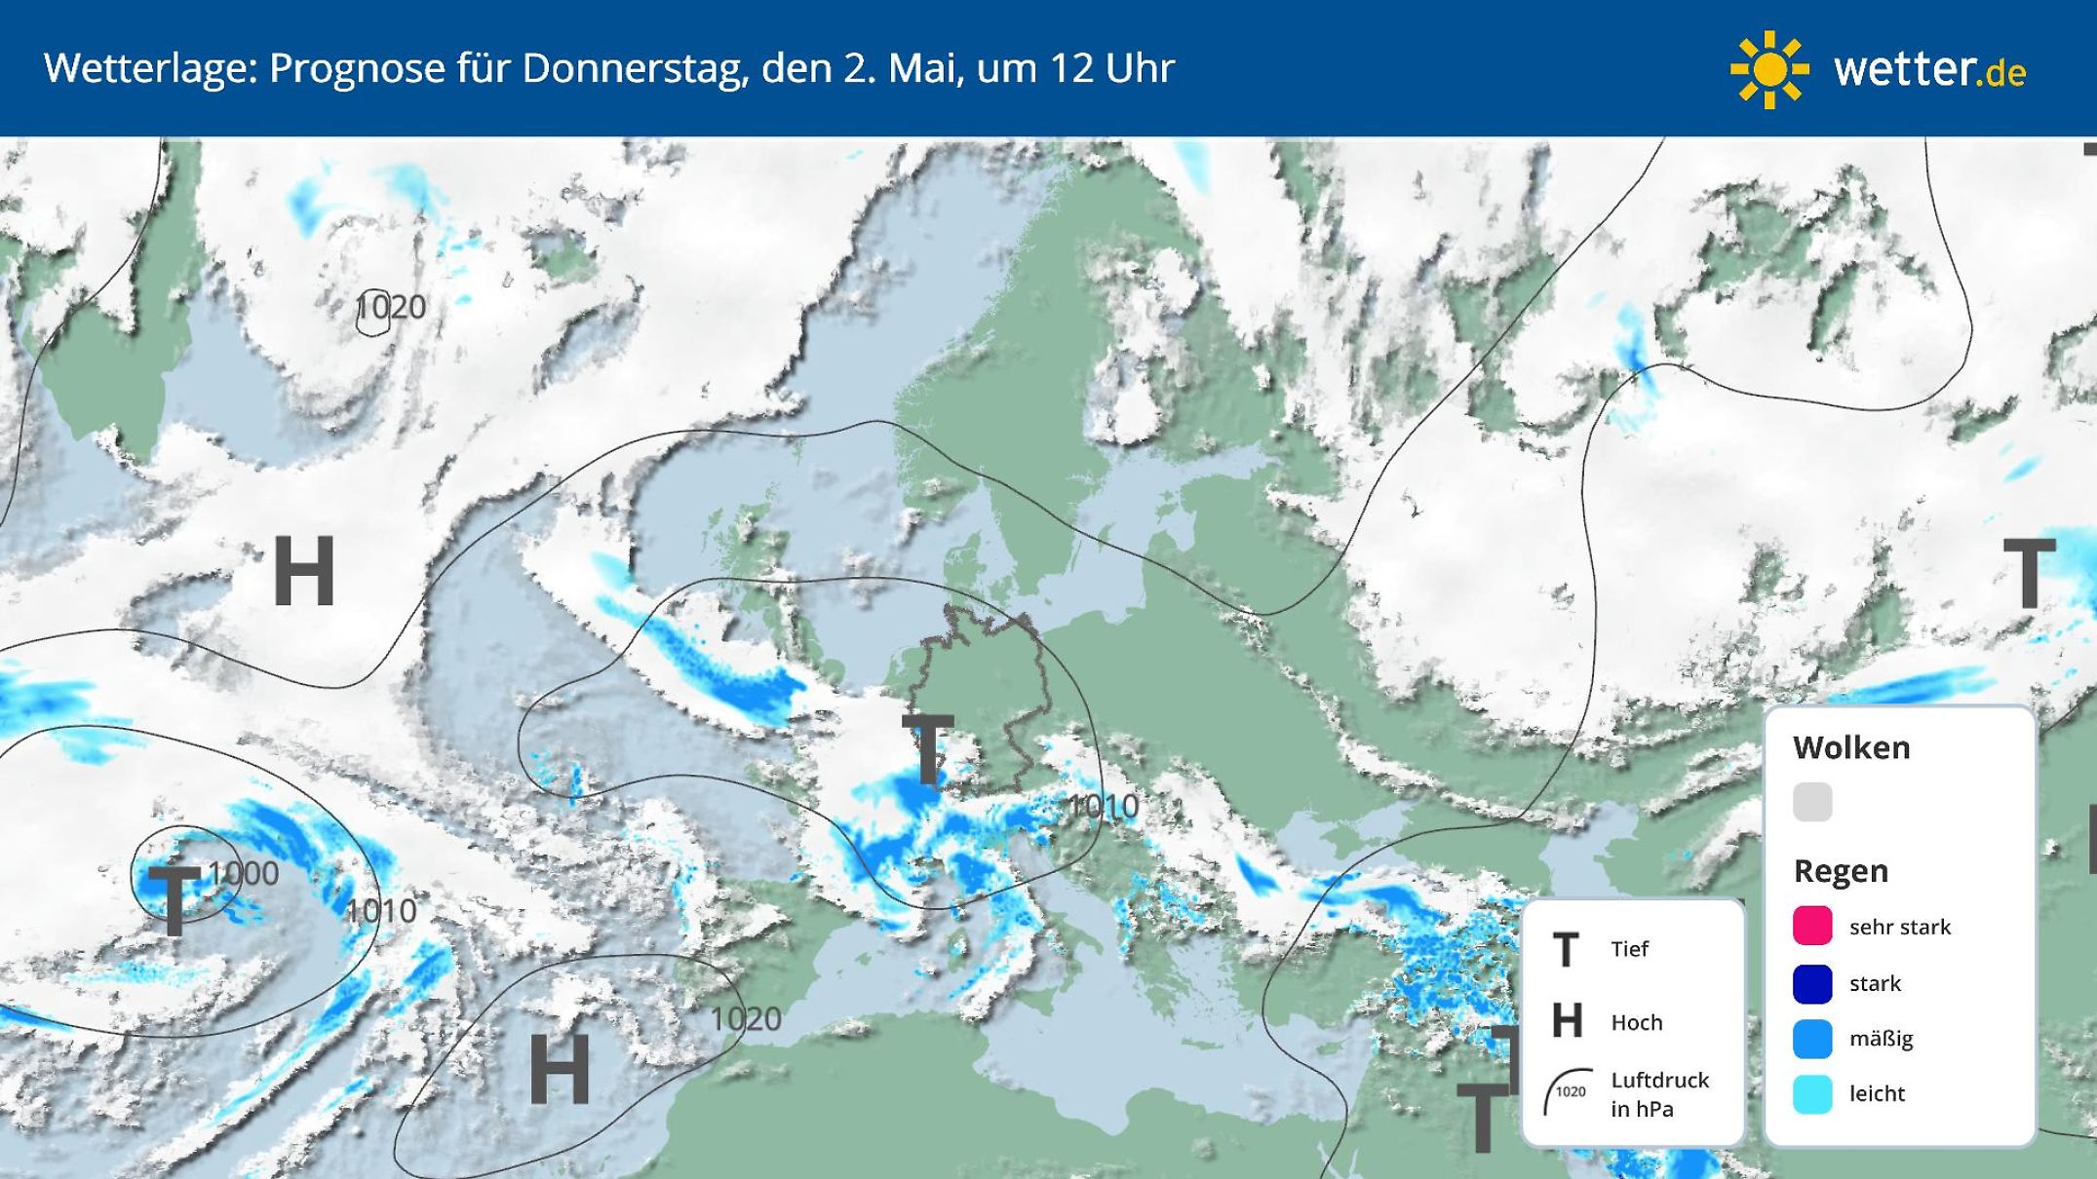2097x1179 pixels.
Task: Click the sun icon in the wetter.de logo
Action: click(x=1769, y=69)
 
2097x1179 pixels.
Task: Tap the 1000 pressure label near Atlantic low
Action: click(x=244, y=873)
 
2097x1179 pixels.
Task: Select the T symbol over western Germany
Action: click(x=928, y=749)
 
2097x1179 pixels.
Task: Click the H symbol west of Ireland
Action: click(x=304, y=572)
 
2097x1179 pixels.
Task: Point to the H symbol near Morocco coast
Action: click(x=559, y=1069)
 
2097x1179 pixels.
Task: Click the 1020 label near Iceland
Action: click(x=391, y=308)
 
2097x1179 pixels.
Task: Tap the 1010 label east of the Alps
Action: click(x=1103, y=807)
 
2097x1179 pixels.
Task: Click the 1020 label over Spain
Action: click(x=746, y=1019)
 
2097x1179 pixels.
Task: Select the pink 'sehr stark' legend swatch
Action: click(x=1812, y=926)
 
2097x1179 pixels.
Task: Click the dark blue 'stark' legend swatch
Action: click(x=1812, y=982)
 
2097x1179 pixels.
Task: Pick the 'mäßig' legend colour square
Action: click(x=1812, y=1039)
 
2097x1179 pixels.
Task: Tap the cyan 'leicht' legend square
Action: click(x=1812, y=1094)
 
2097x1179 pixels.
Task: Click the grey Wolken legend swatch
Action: click(x=1812, y=802)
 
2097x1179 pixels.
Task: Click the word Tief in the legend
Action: click(x=1629, y=949)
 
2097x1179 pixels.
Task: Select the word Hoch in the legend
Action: click(x=1636, y=1022)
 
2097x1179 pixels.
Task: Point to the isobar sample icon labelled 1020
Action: click(x=1568, y=1092)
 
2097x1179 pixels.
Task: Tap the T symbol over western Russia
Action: click(x=2029, y=575)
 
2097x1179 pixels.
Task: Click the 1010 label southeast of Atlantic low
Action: click(x=381, y=911)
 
